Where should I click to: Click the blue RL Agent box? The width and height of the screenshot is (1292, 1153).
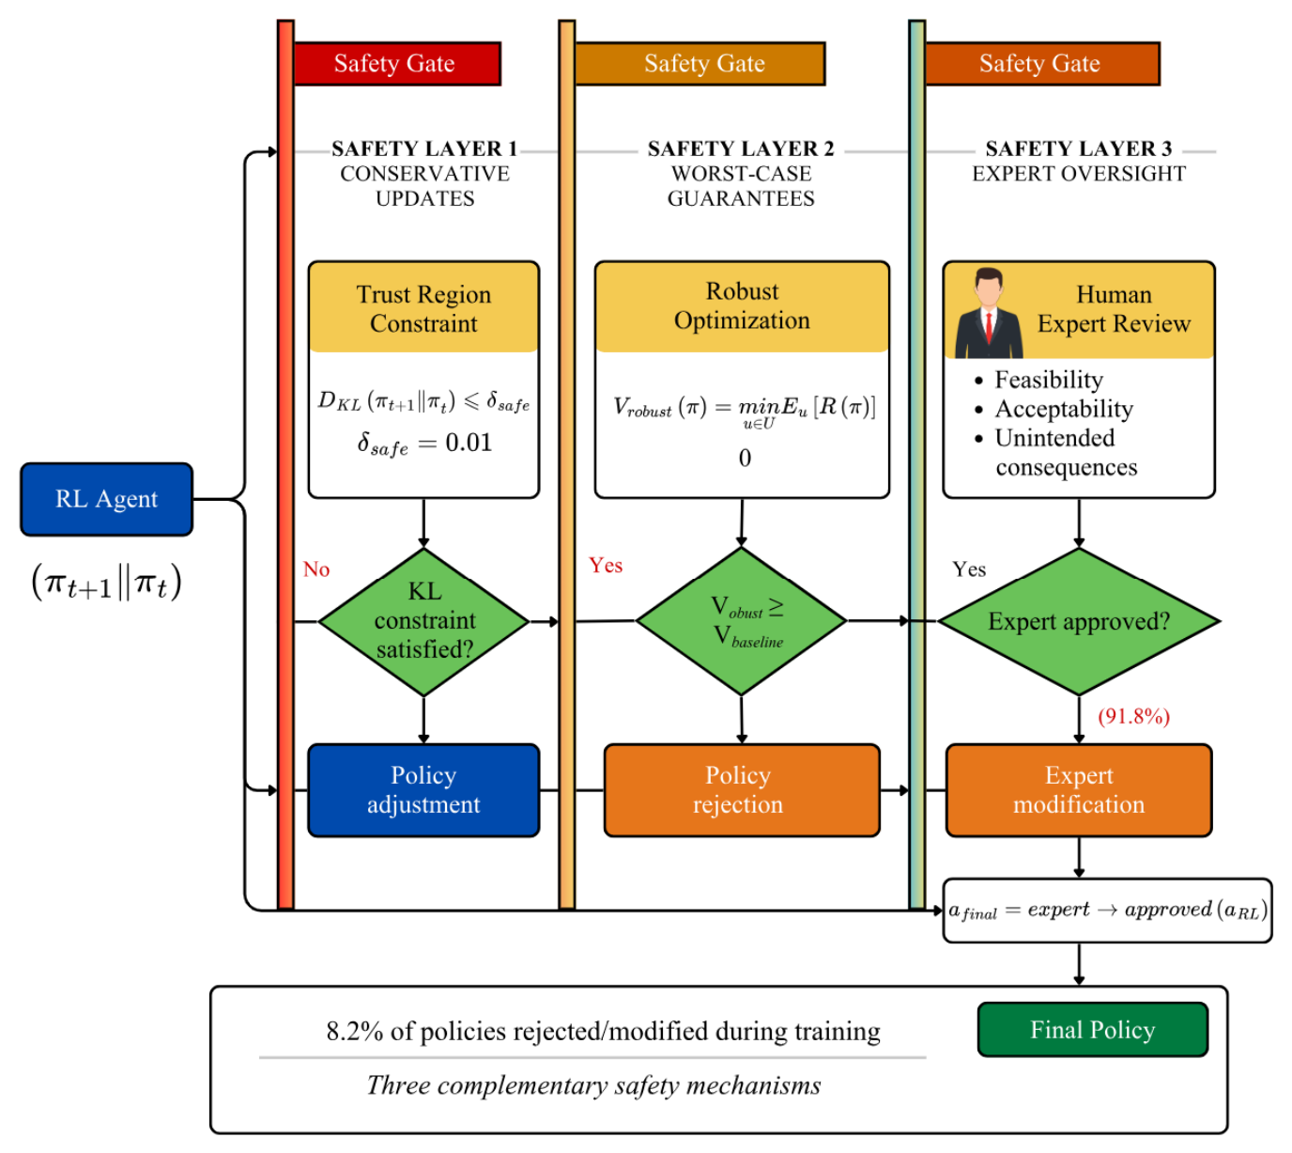[106, 499]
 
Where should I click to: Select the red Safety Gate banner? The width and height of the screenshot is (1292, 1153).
[396, 63]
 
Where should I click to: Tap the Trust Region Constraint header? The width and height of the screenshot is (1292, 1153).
[423, 307]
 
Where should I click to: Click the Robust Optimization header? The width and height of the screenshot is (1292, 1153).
[742, 306]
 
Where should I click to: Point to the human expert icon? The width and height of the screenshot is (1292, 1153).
[988, 313]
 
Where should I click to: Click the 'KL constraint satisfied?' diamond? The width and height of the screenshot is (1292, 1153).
[423, 621]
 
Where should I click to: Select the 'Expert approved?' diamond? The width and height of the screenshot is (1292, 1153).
[1078, 621]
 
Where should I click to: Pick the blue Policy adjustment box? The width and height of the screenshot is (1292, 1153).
[423, 789]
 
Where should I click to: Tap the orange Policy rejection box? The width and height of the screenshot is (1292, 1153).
[742, 789]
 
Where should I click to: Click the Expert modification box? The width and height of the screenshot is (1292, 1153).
[1078, 789]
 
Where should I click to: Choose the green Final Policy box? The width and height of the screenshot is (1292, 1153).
[1092, 1029]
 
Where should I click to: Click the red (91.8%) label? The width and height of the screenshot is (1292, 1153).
[1133, 716]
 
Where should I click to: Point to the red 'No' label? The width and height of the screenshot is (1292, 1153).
[316, 569]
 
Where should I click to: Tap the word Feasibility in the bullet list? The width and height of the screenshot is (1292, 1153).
[1049, 380]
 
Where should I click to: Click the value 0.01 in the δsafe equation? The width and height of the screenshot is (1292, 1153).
[469, 443]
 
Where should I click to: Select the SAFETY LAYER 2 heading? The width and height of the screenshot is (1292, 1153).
[741, 148]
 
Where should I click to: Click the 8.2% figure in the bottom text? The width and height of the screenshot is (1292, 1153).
[355, 1031]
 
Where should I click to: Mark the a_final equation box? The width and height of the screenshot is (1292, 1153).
[1107, 910]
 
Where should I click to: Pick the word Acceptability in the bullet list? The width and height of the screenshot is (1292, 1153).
[1064, 409]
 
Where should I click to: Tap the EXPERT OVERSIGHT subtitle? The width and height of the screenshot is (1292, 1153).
[1078, 174]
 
